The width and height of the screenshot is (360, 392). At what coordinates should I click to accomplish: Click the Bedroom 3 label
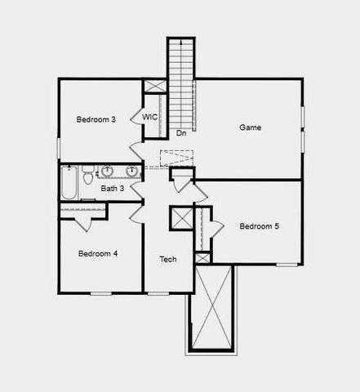pos(96,119)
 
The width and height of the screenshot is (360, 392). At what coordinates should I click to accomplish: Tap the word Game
pos(250,127)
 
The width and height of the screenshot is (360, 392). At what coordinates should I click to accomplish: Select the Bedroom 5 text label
pos(259,226)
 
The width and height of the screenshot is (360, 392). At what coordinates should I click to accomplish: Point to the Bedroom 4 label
pos(98,253)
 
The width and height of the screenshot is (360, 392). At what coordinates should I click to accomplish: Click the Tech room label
pos(167,260)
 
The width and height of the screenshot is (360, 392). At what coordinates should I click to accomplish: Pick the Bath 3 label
pos(112,189)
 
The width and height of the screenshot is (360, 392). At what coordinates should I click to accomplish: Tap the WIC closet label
pos(149,118)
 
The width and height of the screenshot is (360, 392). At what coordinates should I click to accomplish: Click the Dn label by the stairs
pos(180,132)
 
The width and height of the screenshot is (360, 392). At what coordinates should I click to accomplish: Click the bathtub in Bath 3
pos(69,183)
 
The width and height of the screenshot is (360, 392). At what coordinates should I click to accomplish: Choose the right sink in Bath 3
pos(131,171)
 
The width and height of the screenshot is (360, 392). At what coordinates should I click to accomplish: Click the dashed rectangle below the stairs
pos(175,158)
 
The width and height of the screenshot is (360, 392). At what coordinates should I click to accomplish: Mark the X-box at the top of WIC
pos(154,86)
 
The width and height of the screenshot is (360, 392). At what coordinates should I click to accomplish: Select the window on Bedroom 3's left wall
pos(58,148)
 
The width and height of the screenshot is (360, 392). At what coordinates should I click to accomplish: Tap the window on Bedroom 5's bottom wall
pos(287,264)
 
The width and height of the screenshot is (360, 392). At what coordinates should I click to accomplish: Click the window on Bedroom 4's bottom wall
pos(100,292)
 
